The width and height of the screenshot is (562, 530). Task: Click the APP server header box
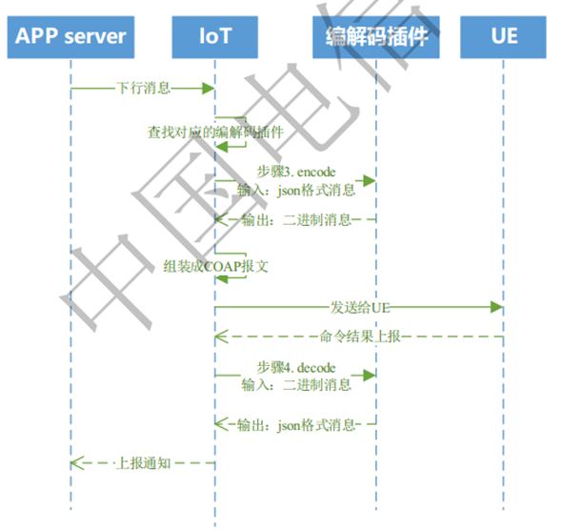pos(70,37)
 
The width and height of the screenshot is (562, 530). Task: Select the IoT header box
pos(215,37)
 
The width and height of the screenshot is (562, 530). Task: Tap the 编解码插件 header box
pos(376,37)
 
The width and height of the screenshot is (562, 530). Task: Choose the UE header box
pos(503,37)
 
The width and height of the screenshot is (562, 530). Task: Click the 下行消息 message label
pos(144,88)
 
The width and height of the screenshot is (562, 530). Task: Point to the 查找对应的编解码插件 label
pos(215,132)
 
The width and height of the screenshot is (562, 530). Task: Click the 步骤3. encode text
pos(296,172)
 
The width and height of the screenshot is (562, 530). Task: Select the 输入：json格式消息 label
pos(296,189)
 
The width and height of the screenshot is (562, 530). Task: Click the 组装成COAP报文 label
pos(215,266)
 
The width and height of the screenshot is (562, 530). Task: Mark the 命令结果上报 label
pos(359,336)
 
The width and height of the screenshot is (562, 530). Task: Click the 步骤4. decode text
pos(296,368)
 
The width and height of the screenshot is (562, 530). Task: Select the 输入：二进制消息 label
pos(296,385)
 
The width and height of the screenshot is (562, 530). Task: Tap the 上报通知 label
pos(143,463)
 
